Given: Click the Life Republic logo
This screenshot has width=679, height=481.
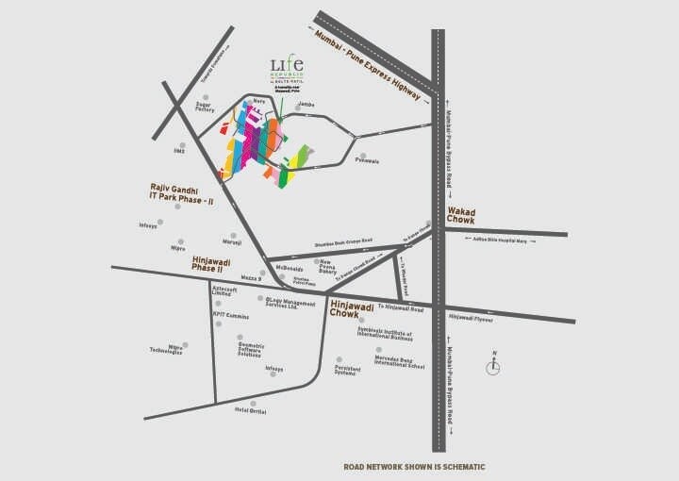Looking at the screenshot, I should click(288, 70).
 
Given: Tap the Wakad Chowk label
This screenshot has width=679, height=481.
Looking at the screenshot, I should click(461, 216).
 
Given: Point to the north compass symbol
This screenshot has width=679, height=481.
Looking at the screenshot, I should click(492, 365).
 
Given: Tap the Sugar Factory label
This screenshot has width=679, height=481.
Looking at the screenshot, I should click(205, 107).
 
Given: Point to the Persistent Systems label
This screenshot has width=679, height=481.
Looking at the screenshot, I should click(347, 371).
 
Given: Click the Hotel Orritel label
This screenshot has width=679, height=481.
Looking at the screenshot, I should click(250, 411).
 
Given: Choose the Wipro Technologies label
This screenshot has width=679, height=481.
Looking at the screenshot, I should click(166, 349).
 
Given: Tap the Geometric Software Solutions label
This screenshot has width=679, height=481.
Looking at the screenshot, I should click(249, 349).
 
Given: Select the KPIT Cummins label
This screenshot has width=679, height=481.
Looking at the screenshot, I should click(231, 316).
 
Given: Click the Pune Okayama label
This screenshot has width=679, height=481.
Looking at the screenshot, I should click(367, 161).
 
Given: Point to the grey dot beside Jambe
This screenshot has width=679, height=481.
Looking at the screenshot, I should click(298, 108).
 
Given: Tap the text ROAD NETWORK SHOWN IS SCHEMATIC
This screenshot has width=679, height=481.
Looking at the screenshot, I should click(414, 466).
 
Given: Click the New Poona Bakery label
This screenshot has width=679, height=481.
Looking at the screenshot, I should click(333, 267).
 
